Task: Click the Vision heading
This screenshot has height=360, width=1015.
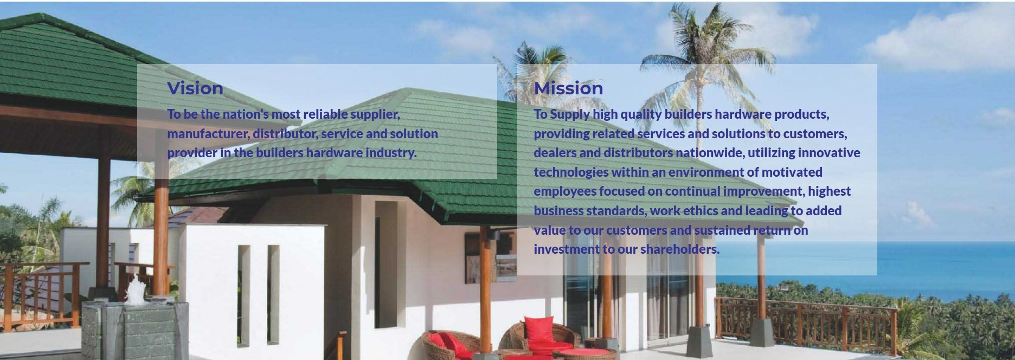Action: (x=195, y=88)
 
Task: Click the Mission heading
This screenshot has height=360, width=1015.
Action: (x=568, y=88)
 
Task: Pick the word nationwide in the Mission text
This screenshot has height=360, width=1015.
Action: (x=710, y=153)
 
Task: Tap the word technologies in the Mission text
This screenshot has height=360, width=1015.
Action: (x=571, y=172)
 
